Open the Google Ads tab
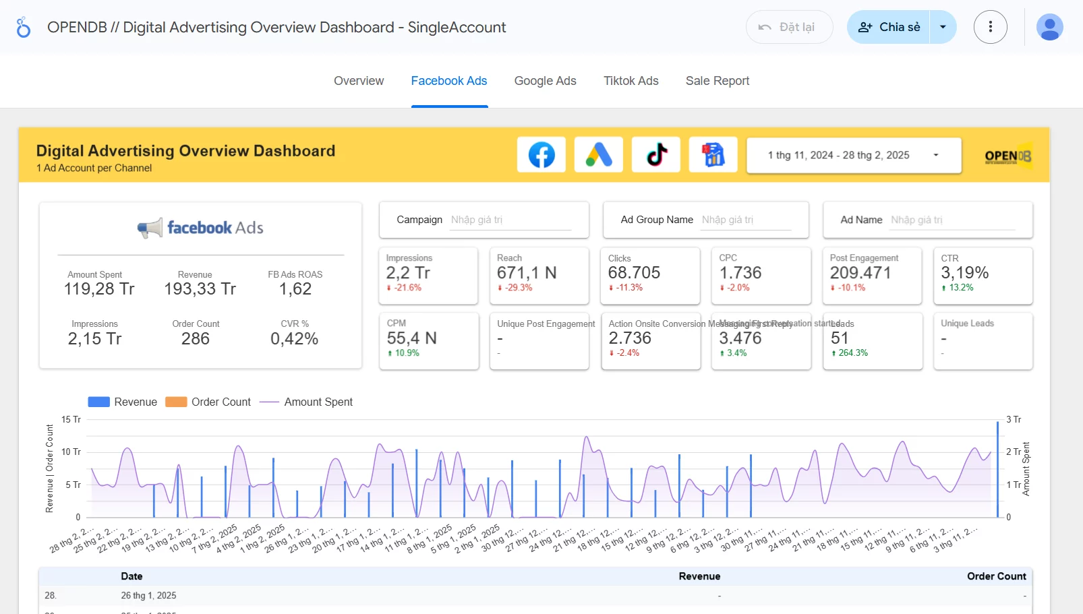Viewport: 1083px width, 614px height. click(545, 81)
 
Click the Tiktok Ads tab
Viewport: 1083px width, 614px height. click(631, 81)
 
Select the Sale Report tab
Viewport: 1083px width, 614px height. click(717, 81)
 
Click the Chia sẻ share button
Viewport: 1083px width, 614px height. click(889, 27)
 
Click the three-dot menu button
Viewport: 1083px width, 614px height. click(990, 27)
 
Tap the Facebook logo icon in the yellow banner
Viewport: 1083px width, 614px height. click(541, 155)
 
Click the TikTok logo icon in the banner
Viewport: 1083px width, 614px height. click(656, 155)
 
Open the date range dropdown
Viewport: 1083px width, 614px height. click(853, 155)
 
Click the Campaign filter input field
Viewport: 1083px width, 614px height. click(510, 220)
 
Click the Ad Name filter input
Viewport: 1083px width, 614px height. click(952, 220)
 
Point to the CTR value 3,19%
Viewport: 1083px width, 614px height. click(964, 273)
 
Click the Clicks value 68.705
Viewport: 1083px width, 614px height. click(634, 273)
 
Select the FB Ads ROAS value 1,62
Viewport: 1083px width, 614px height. click(295, 289)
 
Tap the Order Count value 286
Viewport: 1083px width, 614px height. click(196, 338)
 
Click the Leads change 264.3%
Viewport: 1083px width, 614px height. click(852, 353)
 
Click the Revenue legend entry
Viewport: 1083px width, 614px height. click(123, 402)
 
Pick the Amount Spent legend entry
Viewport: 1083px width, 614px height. click(307, 402)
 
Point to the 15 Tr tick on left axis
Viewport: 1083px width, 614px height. click(71, 419)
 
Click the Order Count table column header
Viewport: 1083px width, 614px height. click(996, 576)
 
